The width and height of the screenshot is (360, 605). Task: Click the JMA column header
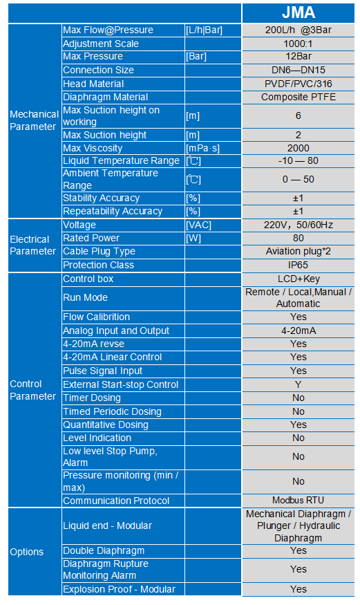click(x=298, y=13)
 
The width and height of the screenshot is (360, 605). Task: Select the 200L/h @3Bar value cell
click(x=298, y=30)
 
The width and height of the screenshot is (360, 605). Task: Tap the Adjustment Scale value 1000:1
click(x=298, y=44)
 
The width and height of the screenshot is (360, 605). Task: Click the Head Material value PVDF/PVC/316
click(x=298, y=84)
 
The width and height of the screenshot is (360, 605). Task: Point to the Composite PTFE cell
click(x=298, y=97)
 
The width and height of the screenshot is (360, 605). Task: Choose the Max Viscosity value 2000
click(x=298, y=148)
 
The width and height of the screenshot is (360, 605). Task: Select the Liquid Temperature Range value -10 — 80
click(x=298, y=161)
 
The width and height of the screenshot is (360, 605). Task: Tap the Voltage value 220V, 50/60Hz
click(x=298, y=225)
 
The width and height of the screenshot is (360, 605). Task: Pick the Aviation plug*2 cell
click(x=298, y=252)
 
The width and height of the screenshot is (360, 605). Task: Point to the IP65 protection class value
click(x=298, y=265)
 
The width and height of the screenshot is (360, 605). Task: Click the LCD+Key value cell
click(x=298, y=279)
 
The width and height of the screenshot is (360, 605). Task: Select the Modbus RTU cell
click(x=298, y=501)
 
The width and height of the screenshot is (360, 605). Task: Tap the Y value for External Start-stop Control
click(x=298, y=384)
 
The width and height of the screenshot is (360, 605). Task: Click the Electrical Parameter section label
click(x=30, y=245)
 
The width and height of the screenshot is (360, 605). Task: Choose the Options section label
click(x=27, y=552)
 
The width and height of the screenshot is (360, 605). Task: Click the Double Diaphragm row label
click(x=104, y=550)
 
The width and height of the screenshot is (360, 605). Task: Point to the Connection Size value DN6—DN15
click(x=298, y=71)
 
